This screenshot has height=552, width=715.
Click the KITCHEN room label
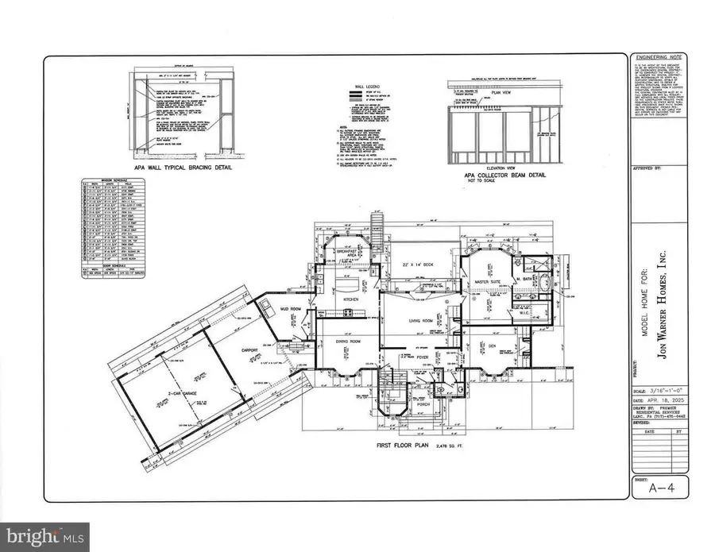coord(351,299)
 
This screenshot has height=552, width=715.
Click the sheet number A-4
coord(657,488)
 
